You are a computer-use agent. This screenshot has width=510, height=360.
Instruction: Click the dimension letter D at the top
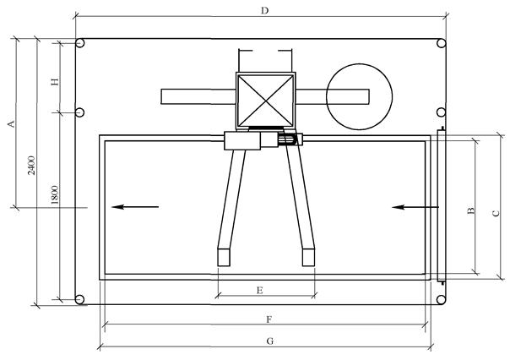coord(265,11)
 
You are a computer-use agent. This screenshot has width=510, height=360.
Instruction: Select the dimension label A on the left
coord(11,124)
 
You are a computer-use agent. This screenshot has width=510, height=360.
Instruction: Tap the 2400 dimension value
coord(31,165)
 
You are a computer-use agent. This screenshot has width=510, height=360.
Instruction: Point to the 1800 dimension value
coord(55,194)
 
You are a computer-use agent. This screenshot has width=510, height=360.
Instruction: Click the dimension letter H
coord(55,81)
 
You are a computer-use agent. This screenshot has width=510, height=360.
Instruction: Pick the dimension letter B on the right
coord(470,210)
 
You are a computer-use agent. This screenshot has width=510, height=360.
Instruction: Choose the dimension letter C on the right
coord(496,213)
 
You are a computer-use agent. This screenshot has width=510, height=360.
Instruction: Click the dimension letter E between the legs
coord(259,290)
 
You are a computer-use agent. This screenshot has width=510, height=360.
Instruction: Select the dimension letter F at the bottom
coord(269,319)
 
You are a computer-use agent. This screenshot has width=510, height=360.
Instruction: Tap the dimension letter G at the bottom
coord(269,341)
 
